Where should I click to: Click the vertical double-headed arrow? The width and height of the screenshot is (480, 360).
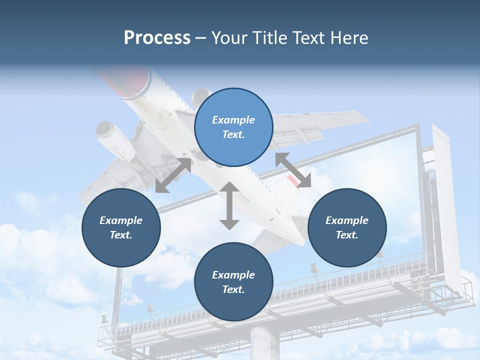coord(229,205)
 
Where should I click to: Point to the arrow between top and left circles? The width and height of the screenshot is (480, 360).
coord(173,175)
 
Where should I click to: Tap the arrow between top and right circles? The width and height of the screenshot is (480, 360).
coord(293,170)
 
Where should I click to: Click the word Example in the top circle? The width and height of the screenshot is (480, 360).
coord(233,120)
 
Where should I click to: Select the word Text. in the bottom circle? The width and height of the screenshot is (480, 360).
coord(233,289)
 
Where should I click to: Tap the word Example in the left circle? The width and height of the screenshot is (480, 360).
coord(121,220)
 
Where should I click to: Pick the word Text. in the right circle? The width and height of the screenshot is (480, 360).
coord(347,235)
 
